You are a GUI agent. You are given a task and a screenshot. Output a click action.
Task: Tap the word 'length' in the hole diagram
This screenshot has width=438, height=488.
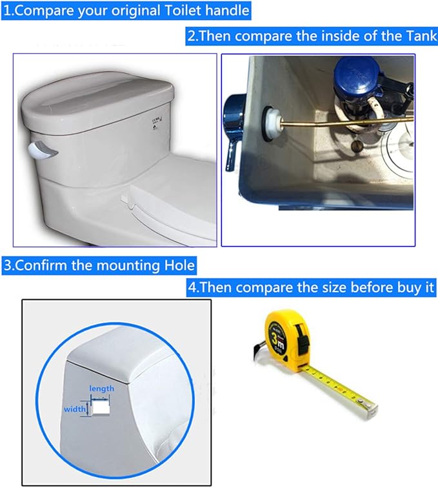(102, 388)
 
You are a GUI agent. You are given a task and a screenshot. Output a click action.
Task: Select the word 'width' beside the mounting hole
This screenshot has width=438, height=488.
(75, 409)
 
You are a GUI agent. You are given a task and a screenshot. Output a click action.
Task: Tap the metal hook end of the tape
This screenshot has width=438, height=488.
(369, 407)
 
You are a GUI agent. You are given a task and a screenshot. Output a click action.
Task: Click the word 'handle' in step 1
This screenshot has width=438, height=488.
(223, 11)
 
